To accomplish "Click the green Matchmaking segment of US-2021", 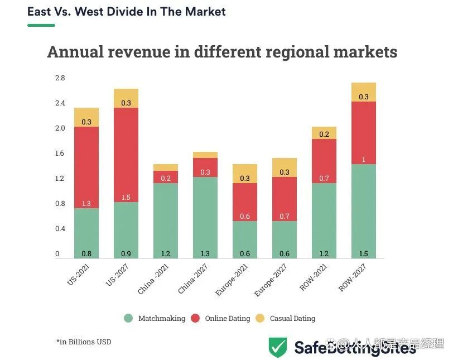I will click(86, 233).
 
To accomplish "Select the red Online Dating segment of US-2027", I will click(126, 155).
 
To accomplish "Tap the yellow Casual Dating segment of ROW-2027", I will click(364, 92).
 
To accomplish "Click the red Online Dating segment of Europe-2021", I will click(245, 202).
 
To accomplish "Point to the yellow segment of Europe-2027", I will click(285, 167).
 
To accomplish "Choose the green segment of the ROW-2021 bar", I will click(324, 220).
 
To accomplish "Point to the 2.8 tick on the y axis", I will click(60, 78).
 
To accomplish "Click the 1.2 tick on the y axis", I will click(60, 179).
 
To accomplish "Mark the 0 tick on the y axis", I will click(57, 254).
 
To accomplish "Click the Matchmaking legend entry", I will click(155, 318).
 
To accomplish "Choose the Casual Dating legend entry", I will click(286, 318).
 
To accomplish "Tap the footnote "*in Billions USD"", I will click(84, 342).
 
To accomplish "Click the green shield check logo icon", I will click(277, 347).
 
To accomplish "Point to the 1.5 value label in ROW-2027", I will click(364, 254).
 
